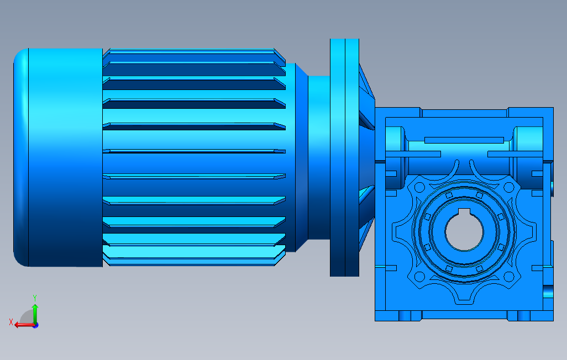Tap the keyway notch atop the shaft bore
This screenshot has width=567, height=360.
[x=464, y=212]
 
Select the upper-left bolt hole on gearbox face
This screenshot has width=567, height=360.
[x=419, y=187]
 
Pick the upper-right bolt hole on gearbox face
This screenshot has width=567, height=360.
[x=509, y=187]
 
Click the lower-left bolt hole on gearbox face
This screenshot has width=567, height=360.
[x=419, y=277]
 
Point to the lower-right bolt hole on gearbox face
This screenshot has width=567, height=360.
[x=509, y=277]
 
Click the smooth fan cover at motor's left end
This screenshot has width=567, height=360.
[x=58, y=157]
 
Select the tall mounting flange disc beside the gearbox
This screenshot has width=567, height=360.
[x=344, y=157]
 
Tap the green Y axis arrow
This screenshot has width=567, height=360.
[x=35, y=314]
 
